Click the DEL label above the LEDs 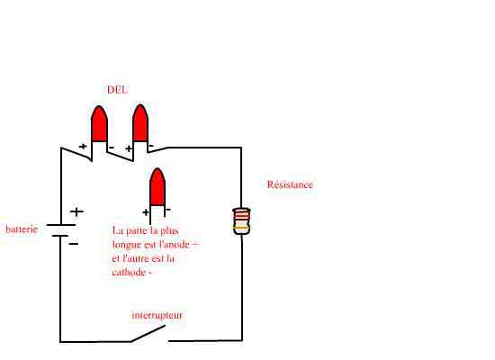pyautogui.click(x=117, y=90)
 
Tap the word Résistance pyautogui.click(x=290, y=184)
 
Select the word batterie pyautogui.click(x=22, y=229)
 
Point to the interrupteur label pyautogui.click(x=157, y=315)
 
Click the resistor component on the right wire pyautogui.click(x=241, y=221)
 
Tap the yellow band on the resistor pyautogui.click(x=241, y=228)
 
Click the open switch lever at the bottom pyautogui.click(x=148, y=334)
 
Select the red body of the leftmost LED pyautogui.click(x=99, y=124)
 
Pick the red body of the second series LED pyautogui.click(x=140, y=123)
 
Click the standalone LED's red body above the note pyautogui.click(x=157, y=187)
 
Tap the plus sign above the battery pyautogui.click(x=76, y=211)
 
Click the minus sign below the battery pyautogui.click(x=74, y=244)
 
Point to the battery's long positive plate pyautogui.click(x=61, y=225)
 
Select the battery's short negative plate pyautogui.click(x=60, y=236)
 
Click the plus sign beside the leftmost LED pyautogui.click(x=83, y=147)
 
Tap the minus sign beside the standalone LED pyautogui.click(x=168, y=210)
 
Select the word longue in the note pyautogui.click(x=127, y=245)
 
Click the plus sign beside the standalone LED pyautogui.click(x=146, y=212)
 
